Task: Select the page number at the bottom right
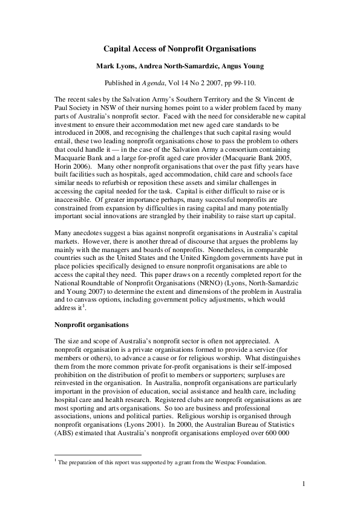coord(304,484)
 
